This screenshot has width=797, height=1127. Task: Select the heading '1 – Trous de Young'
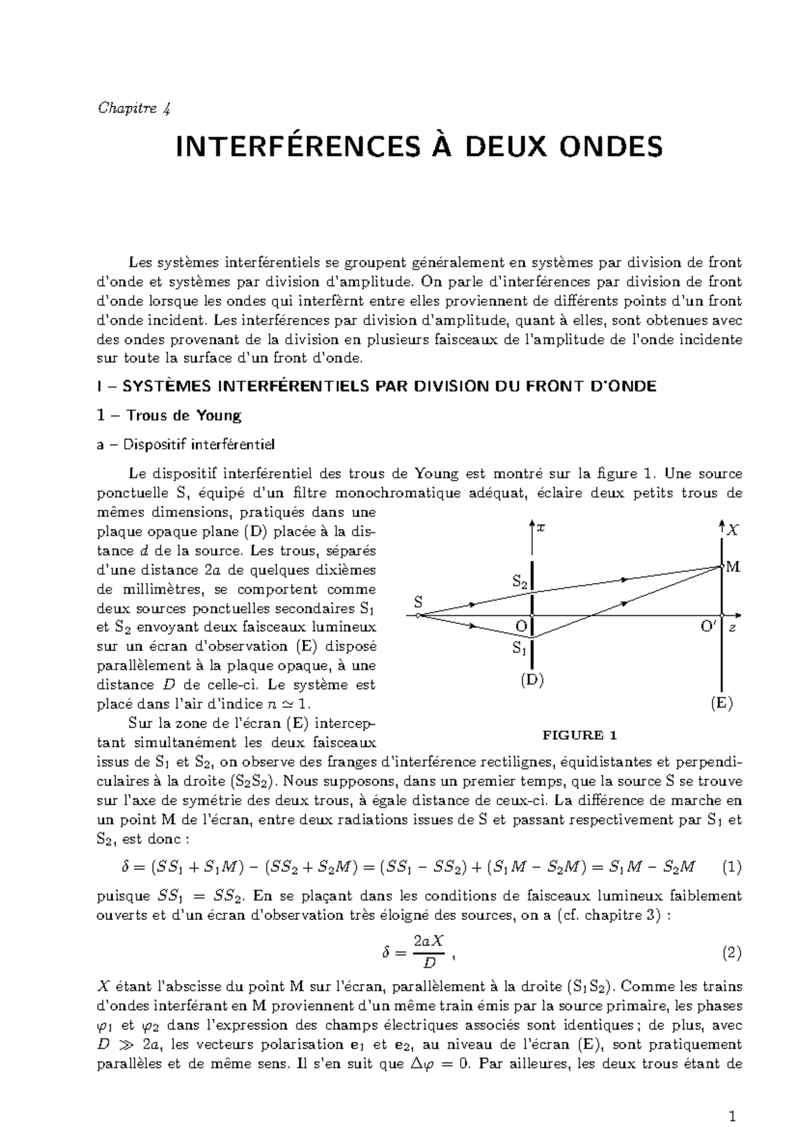169,415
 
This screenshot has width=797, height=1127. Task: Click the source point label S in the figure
418,603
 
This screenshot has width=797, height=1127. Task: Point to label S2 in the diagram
520,582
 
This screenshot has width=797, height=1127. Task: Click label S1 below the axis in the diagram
519,648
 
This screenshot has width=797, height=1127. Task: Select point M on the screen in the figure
733,567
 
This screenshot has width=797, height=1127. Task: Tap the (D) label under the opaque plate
532,680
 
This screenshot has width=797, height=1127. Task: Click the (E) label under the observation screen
721,704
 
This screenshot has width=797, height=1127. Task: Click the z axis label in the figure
733,628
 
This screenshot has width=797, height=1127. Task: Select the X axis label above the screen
733,530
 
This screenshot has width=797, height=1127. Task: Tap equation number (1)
731,867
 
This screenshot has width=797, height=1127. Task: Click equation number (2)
731,954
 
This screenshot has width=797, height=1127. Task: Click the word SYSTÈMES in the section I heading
157,386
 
